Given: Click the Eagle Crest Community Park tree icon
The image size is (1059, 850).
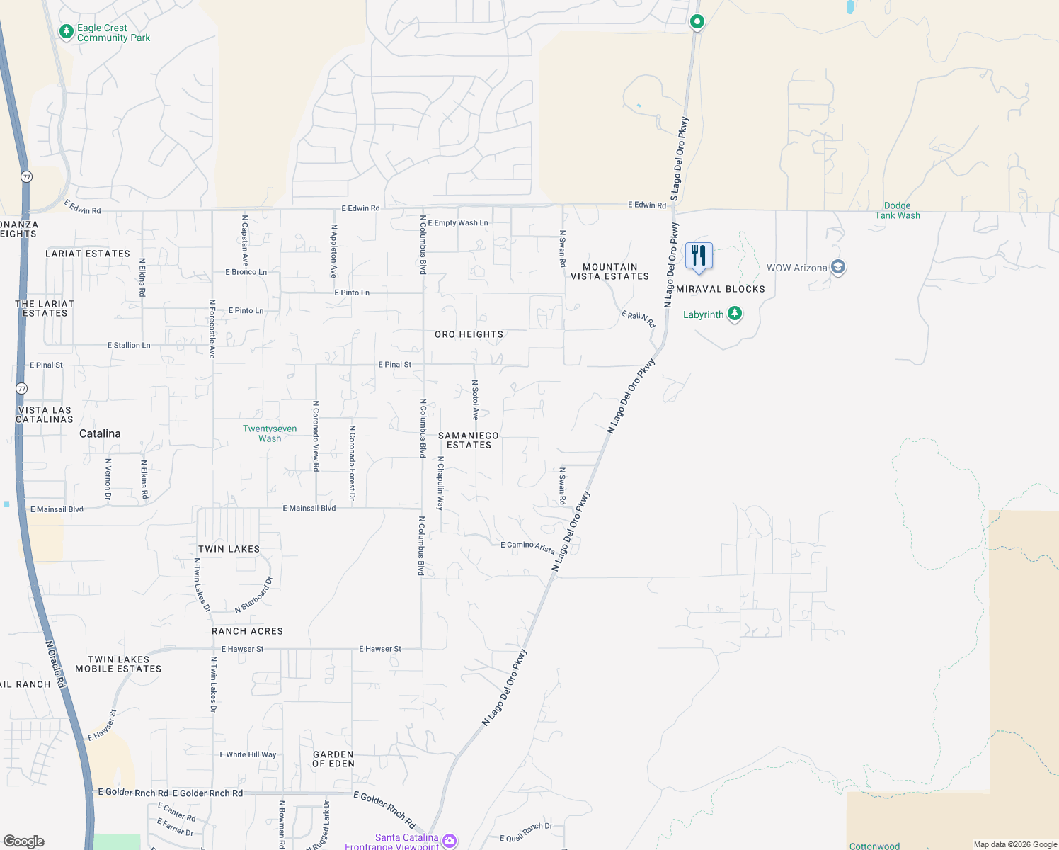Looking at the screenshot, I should pos(67,32).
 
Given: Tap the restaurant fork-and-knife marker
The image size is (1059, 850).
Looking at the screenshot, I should pos(699,256).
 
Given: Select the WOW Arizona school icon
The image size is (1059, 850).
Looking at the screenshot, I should pos(838,268).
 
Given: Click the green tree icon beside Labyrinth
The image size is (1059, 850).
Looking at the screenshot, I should pos(735,314).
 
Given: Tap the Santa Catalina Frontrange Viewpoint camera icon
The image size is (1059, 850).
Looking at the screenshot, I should pos(449,841).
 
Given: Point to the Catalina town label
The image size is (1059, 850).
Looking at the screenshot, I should pos(100,433).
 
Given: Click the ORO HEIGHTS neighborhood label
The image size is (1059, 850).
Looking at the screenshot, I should pos(469,334).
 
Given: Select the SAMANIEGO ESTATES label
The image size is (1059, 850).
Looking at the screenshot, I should pos(469,441).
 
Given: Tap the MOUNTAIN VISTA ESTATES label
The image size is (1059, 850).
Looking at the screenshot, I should pos(609,272).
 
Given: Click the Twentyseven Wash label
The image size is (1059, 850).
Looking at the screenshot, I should pos(270,433).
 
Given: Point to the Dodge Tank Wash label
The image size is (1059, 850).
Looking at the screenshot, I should pos(898,210).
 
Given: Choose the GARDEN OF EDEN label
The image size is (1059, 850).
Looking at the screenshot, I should pos(333,759).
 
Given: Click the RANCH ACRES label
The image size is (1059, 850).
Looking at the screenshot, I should pos(248,631).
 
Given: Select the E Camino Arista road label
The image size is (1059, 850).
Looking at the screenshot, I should pos(527,546).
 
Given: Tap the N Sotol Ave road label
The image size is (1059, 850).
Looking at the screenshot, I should pos(476,400).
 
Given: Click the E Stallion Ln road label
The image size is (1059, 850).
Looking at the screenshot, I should pos(129,346).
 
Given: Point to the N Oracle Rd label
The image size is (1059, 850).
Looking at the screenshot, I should pos(55,664).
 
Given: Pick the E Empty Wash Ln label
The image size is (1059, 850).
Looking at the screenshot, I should pos(458,223).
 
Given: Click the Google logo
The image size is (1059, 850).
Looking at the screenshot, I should pos(24,841).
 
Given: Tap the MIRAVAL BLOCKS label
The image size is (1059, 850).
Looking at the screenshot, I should pos(721,289).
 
